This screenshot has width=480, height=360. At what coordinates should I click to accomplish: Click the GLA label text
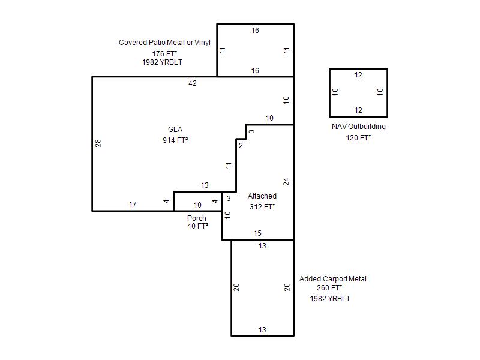point(175,130)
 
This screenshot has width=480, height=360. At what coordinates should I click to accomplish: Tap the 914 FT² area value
point(175,140)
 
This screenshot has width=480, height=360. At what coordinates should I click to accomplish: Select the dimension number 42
point(193,83)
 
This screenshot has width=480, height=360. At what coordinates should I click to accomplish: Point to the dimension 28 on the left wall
point(98,143)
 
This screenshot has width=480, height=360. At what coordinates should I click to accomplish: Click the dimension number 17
point(133,205)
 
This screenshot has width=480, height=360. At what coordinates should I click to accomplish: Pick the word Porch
point(197,218)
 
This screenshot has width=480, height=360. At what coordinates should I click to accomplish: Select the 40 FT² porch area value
point(198,226)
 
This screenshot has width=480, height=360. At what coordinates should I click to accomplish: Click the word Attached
point(262,196)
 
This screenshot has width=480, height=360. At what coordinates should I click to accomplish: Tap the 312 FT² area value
point(262,206)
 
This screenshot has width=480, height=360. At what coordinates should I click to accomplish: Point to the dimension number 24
point(286,182)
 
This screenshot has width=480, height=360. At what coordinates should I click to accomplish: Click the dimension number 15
point(257,233)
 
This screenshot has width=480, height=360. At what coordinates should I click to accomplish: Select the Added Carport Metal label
point(333,279)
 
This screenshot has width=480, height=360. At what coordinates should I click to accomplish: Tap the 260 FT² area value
point(329,288)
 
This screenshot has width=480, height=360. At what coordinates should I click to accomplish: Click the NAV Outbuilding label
point(358,127)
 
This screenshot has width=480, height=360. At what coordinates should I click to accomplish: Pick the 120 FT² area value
point(358,138)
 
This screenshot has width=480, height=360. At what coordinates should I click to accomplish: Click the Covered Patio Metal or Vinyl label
point(164,42)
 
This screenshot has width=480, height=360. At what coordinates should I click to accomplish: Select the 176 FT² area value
point(164,53)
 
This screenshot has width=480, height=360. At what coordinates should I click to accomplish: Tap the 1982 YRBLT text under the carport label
point(330,298)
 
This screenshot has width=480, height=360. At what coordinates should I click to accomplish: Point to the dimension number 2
point(241,146)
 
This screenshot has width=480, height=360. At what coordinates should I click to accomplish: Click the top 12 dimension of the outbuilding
point(358,75)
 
